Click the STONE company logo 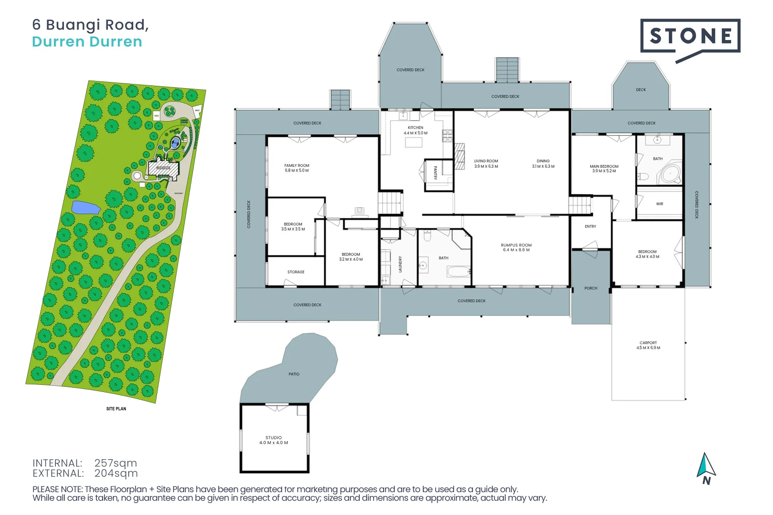click(x=690, y=36)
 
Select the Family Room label click(x=297, y=168)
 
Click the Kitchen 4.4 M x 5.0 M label click(x=416, y=130)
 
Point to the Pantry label click(x=435, y=173)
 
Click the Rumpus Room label click(x=516, y=247)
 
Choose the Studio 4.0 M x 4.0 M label click(x=273, y=440)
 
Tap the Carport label click(x=648, y=345)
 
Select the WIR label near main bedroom click(x=659, y=204)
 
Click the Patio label click(x=294, y=374)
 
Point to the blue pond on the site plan click(x=85, y=207)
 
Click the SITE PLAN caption click(x=116, y=409)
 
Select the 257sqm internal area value click(x=115, y=463)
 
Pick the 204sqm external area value click(x=116, y=474)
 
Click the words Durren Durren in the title click(x=87, y=42)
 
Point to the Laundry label click(x=400, y=264)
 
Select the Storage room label click(x=296, y=272)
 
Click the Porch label click(x=591, y=288)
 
